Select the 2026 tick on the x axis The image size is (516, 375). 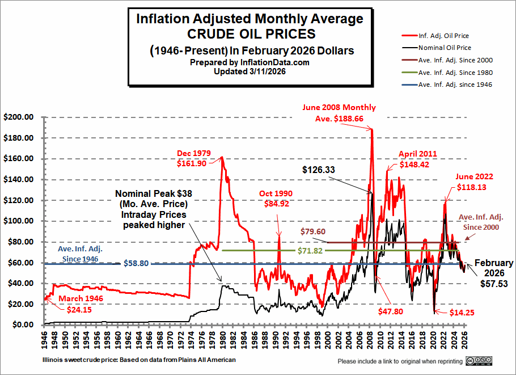click(466, 340)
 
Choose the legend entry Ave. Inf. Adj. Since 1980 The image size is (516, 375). click(455, 73)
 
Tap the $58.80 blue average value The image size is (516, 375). click(138, 264)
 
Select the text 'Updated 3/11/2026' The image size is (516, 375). click(249, 72)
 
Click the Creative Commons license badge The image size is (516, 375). click(479, 361)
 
